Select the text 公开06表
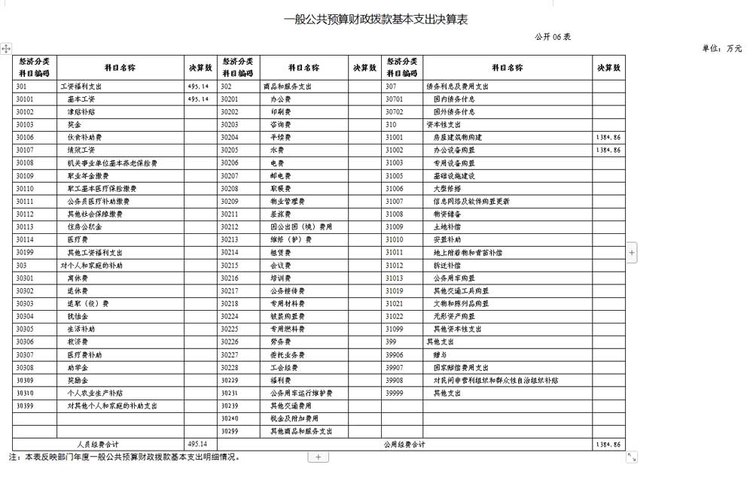pyautogui.click(x=553, y=37)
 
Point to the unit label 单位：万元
pyautogui.click(x=721, y=48)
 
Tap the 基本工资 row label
pyautogui.click(x=81, y=99)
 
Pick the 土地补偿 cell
pyautogui.click(x=447, y=226)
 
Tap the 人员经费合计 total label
pyautogui.click(x=98, y=444)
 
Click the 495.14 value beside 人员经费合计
pyautogui.click(x=197, y=444)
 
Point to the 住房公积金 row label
pyautogui.click(x=84, y=226)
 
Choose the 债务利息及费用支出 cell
pyautogui.click(x=457, y=87)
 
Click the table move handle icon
pyautogui.click(x=6, y=49)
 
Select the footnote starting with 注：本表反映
pyautogui.click(x=123, y=457)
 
